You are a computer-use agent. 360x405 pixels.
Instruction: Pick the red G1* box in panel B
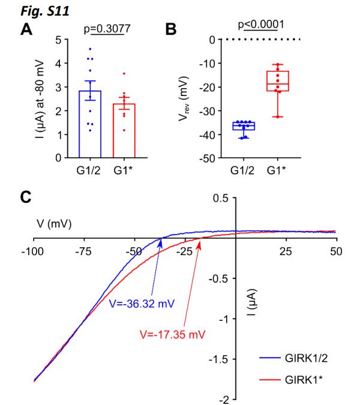pos(277,81)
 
